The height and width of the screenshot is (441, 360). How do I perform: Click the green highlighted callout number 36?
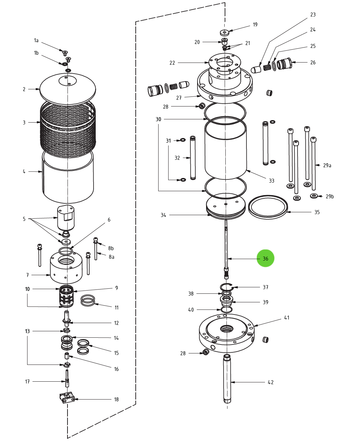coord(265,258)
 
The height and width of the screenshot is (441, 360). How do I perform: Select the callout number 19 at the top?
coord(255,25)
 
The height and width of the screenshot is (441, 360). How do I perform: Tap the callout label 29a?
coord(327,165)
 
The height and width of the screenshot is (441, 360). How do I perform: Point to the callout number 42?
coord(270,382)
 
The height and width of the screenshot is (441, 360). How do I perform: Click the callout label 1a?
coord(36,40)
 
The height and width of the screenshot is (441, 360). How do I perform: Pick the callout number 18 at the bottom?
coord(116,400)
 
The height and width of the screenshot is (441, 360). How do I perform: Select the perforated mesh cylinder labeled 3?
coord(68,129)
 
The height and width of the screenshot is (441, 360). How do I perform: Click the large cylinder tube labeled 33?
coord(226,150)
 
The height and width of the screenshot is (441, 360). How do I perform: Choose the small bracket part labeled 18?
coord(67,397)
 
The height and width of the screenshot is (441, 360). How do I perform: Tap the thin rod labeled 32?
coord(193,158)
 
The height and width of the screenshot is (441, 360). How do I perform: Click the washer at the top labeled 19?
coord(224,33)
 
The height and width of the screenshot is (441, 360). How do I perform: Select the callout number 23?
coord(313,15)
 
